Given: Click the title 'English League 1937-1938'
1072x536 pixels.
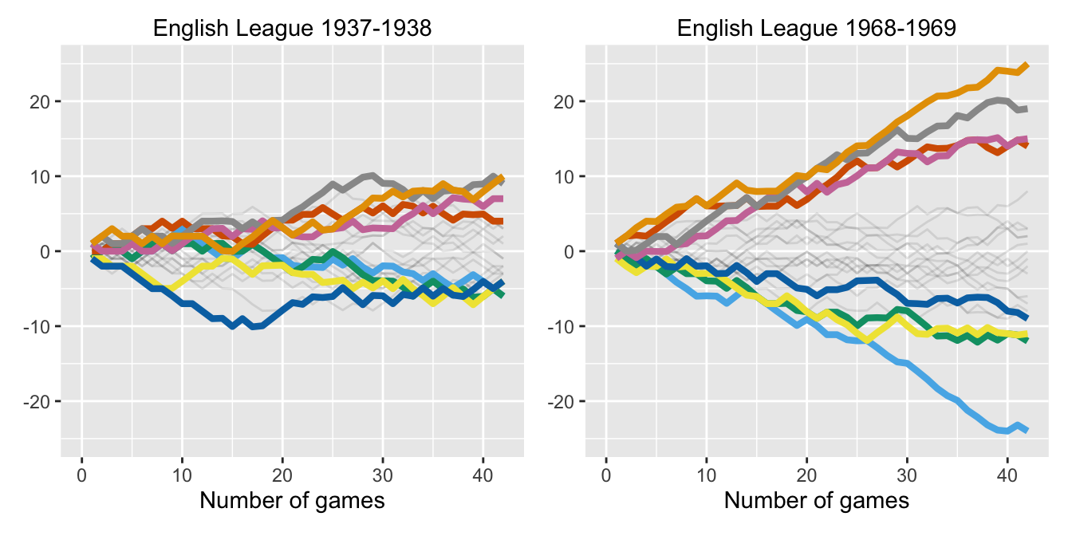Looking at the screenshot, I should pos(292,29).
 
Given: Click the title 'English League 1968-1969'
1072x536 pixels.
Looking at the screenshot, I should pos(817,29).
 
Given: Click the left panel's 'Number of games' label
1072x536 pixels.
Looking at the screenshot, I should pos(292,501).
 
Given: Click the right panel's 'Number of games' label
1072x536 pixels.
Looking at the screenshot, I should pos(817,501).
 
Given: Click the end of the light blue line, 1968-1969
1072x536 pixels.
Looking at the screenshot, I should pos(1027,429).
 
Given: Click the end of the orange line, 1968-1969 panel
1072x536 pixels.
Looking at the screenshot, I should pos(1027,65).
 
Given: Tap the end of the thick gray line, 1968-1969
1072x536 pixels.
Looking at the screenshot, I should pos(1027,109).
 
